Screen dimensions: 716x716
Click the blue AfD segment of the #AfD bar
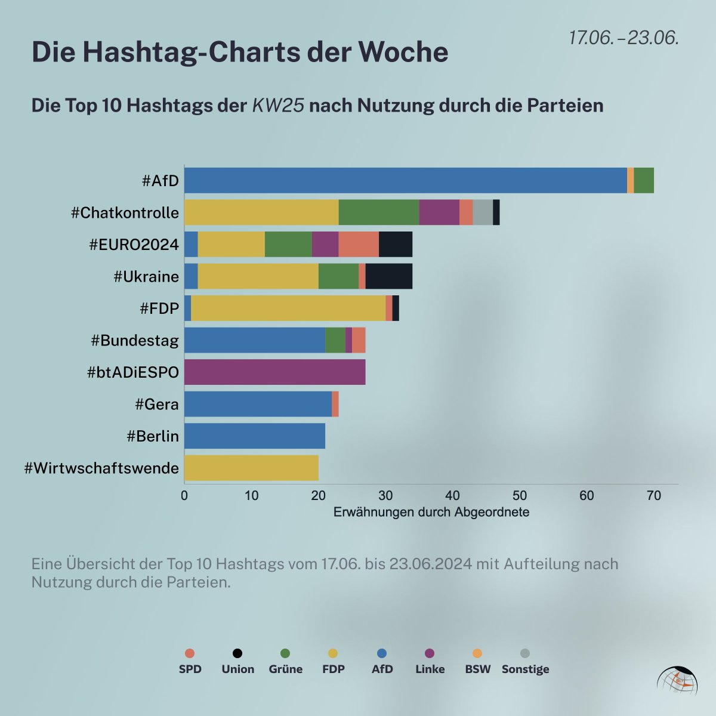click(406, 180)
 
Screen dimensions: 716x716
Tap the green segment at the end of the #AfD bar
click(644, 180)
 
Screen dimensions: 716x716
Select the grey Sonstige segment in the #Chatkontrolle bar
click(483, 212)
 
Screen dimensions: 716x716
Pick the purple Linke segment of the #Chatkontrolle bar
click(439, 212)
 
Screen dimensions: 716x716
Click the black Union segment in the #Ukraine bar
click(388, 276)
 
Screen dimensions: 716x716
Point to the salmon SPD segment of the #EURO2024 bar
click(359, 244)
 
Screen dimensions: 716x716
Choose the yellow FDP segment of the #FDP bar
click(288, 308)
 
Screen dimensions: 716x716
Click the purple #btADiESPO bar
click(274, 372)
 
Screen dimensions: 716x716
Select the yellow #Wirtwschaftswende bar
click(251, 468)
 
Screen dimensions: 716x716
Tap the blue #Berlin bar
click(255, 436)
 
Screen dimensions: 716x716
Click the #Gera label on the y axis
click(157, 405)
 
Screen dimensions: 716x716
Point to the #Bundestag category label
click(135, 341)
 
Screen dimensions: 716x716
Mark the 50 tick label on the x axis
click(520, 495)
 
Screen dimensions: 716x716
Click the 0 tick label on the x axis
click(184, 495)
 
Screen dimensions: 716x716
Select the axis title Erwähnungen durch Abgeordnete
click(431, 512)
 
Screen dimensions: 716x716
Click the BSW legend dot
click(477, 653)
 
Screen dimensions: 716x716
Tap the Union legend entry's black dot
click(237, 653)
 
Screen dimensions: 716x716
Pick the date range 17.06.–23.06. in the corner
click(624, 38)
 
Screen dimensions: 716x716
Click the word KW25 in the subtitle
click(279, 106)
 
